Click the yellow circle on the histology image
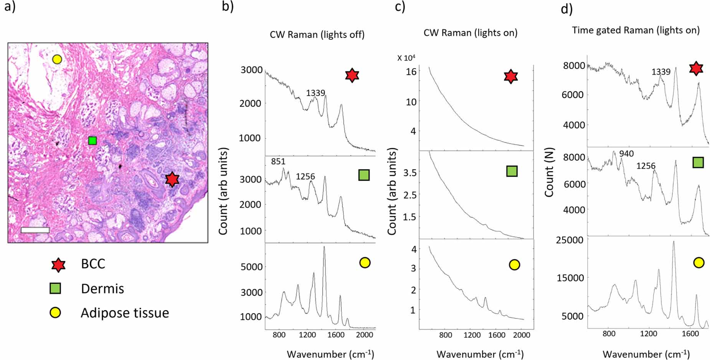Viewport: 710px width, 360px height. coord(57,59)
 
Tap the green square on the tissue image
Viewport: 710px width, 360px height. coord(92,141)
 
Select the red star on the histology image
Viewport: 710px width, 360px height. coord(172,179)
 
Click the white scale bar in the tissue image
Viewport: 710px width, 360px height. coord(35,230)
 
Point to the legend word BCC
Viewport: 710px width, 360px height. coord(93,264)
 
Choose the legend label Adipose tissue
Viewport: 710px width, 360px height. coord(125,313)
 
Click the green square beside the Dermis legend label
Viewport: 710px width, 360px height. coord(55,289)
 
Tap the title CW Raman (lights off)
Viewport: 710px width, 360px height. coord(317,35)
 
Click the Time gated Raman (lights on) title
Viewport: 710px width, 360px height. coord(636,30)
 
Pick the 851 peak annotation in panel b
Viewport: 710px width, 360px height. coord(278,162)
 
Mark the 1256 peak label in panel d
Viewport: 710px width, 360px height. coord(646,166)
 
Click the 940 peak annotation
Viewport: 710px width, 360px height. coord(626,154)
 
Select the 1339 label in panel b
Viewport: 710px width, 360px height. coord(315,93)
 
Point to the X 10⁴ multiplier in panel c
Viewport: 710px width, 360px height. coord(406,58)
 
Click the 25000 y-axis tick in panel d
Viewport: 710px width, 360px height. coord(570,240)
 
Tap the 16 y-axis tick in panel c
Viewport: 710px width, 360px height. coord(411,71)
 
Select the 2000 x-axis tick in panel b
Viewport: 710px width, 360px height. coord(364,335)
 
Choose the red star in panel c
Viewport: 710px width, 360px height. coord(510,76)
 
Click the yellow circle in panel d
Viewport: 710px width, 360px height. coord(698,263)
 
